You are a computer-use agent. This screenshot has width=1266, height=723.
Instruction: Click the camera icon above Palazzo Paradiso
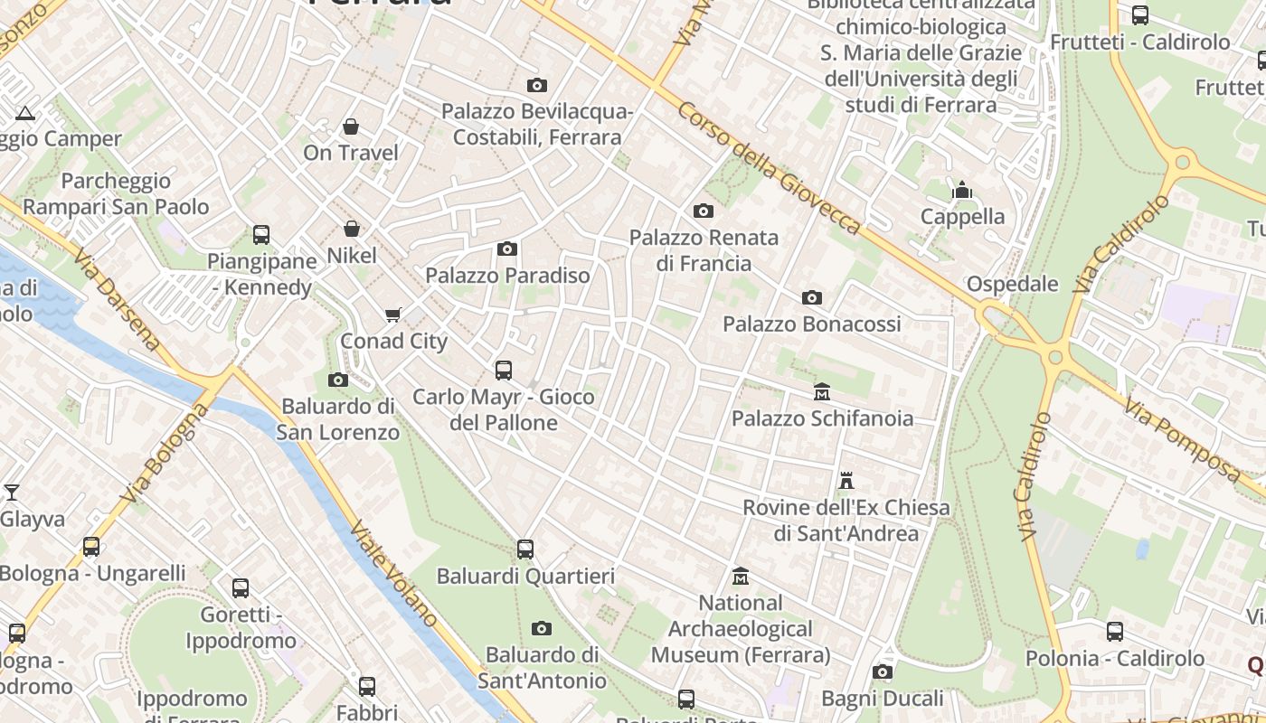[x=507, y=249]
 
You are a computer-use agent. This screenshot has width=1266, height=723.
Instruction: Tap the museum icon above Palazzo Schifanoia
[x=822, y=392]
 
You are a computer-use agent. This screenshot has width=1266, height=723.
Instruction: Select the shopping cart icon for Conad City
[x=392, y=315]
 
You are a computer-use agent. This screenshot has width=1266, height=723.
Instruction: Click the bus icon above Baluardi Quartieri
[x=524, y=549]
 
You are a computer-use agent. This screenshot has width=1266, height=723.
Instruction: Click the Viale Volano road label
[x=394, y=573]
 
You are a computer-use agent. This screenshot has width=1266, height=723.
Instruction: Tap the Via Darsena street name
[x=118, y=298]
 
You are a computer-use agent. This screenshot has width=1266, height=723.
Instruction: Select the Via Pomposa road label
[x=1184, y=442]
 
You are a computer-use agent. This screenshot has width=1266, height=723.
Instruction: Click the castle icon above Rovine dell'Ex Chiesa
[x=846, y=481]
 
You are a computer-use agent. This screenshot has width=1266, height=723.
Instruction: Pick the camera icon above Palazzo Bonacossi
[x=811, y=297]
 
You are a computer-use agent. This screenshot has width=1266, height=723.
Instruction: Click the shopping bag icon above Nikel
[x=352, y=230]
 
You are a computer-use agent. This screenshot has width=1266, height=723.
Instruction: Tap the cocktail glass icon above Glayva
[x=12, y=493]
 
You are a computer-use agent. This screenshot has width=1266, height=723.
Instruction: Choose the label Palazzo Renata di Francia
[x=704, y=250]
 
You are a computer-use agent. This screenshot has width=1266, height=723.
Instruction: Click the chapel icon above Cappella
[x=961, y=191]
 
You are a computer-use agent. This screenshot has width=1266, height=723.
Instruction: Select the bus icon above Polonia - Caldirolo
[x=1115, y=632]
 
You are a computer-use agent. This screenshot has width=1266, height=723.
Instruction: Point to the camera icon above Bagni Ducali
[x=883, y=671]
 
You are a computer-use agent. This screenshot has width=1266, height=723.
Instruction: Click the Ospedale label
[x=1012, y=284]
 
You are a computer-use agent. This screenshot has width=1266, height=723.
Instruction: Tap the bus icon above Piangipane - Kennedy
[x=260, y=235]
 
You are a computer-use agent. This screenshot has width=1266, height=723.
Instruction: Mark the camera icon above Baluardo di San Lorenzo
[x=337, y=380]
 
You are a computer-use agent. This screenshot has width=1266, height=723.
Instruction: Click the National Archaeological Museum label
[x=741, y=628]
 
